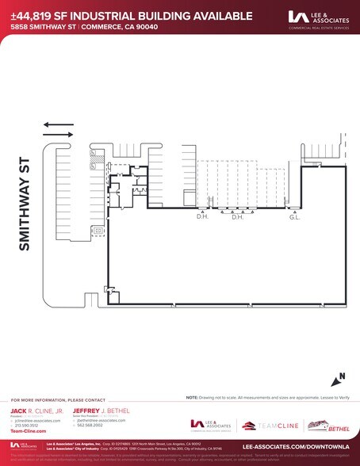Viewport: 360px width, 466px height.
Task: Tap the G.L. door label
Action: (x=295, y=216)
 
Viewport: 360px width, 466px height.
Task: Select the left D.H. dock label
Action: (x=202, y=216)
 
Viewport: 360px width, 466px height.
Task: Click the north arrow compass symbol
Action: (x=338, y=378)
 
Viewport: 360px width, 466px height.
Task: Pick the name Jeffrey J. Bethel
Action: (x=99, y=411)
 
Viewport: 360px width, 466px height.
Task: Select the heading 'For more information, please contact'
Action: (x=57, y=399)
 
